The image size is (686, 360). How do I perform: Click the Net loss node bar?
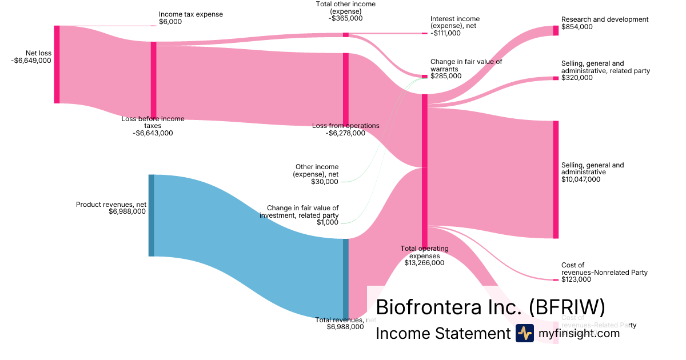[57, 65]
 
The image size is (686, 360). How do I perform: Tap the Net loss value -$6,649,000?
[31, 61]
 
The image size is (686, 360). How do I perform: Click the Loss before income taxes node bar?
[153, 80]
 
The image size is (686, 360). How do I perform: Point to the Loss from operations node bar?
[345, 89]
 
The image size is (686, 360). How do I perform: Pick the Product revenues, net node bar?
[151, 215]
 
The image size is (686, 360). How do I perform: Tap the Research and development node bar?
[556, 30]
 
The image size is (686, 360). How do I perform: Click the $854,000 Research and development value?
[577, 27]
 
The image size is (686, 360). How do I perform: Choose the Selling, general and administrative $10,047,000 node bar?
[556, 179]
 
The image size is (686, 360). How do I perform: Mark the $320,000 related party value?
[577, 78]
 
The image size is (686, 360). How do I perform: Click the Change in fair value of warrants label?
[466, 65]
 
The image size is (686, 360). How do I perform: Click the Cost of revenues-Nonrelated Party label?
[604, 269]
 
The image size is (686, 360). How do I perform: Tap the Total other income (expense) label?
[346, 7]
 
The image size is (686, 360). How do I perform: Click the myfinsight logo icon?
[524, 333]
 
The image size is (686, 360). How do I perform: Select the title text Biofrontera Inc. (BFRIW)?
[490, 307]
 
